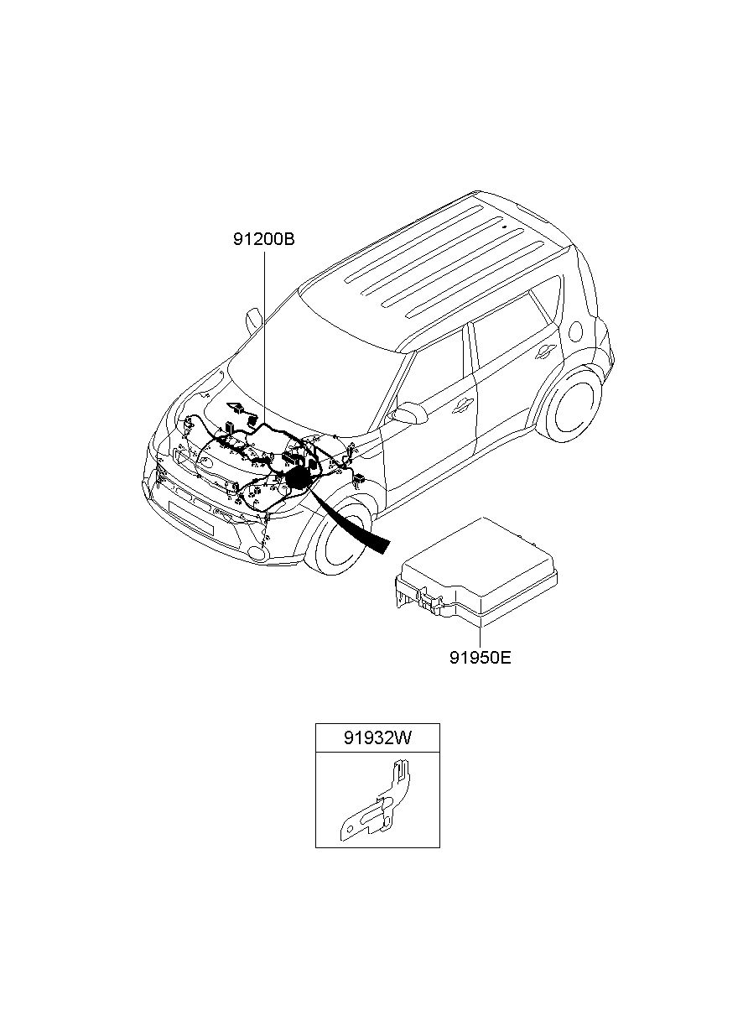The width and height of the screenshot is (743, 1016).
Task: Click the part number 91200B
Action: click(264, 239)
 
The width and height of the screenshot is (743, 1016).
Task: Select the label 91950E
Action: click(480, 657)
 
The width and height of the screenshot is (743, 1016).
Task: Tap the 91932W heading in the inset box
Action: click(377, 738)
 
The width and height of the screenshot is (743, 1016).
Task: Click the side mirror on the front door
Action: click(410, 413)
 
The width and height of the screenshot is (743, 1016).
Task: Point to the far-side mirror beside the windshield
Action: click(253, 320)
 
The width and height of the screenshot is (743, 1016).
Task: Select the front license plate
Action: click(190, 515)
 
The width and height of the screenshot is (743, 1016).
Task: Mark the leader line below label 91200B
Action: click(264, 336)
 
